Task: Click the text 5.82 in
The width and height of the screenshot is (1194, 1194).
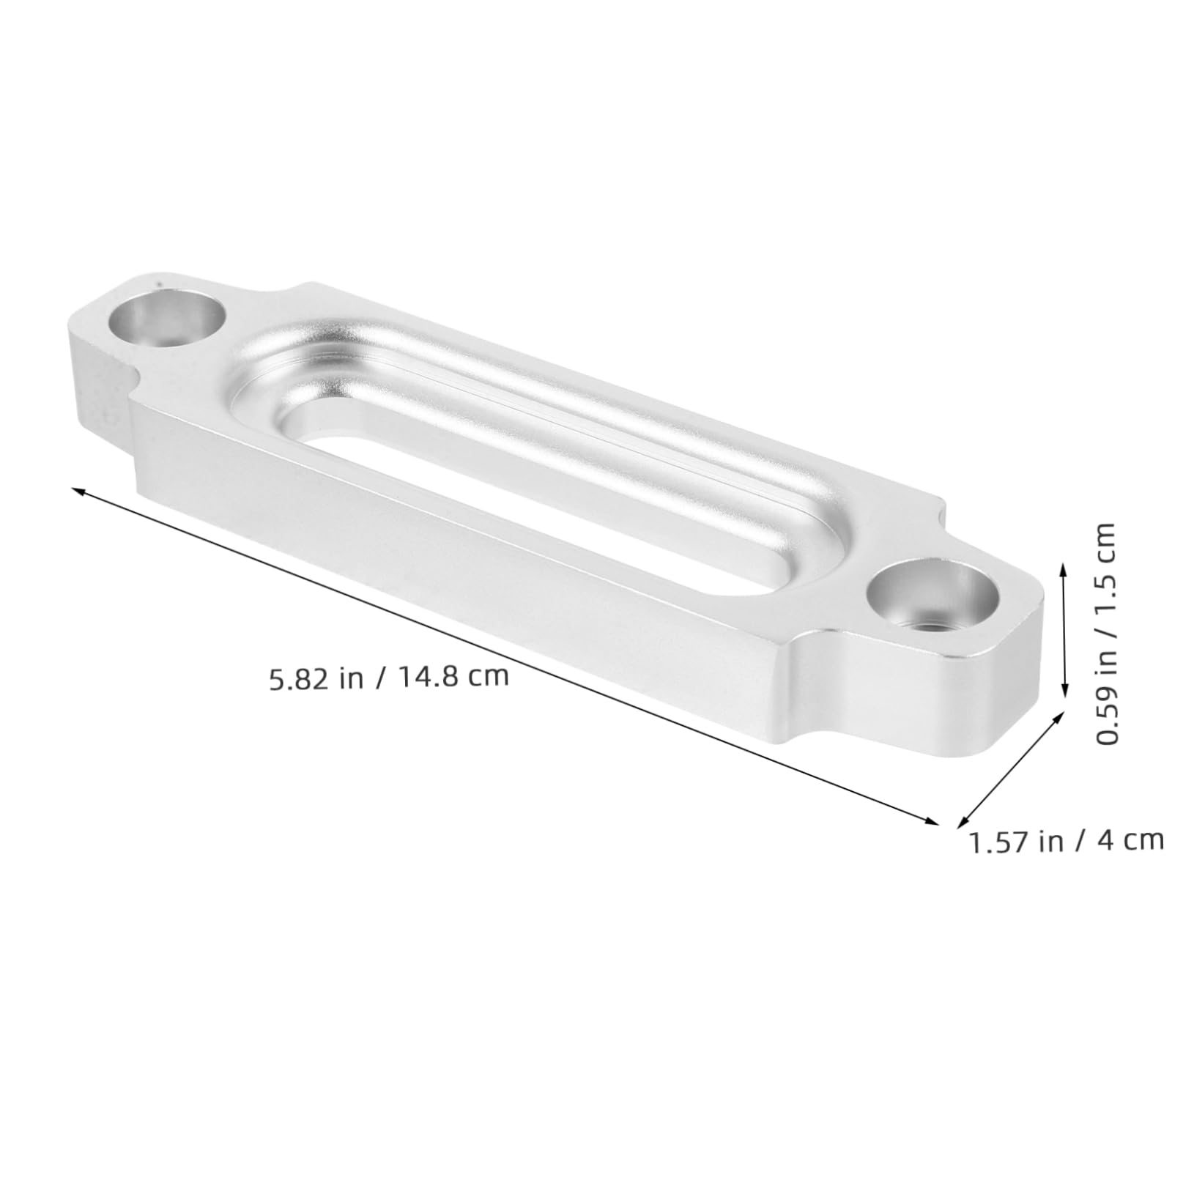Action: pos(317,679)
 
